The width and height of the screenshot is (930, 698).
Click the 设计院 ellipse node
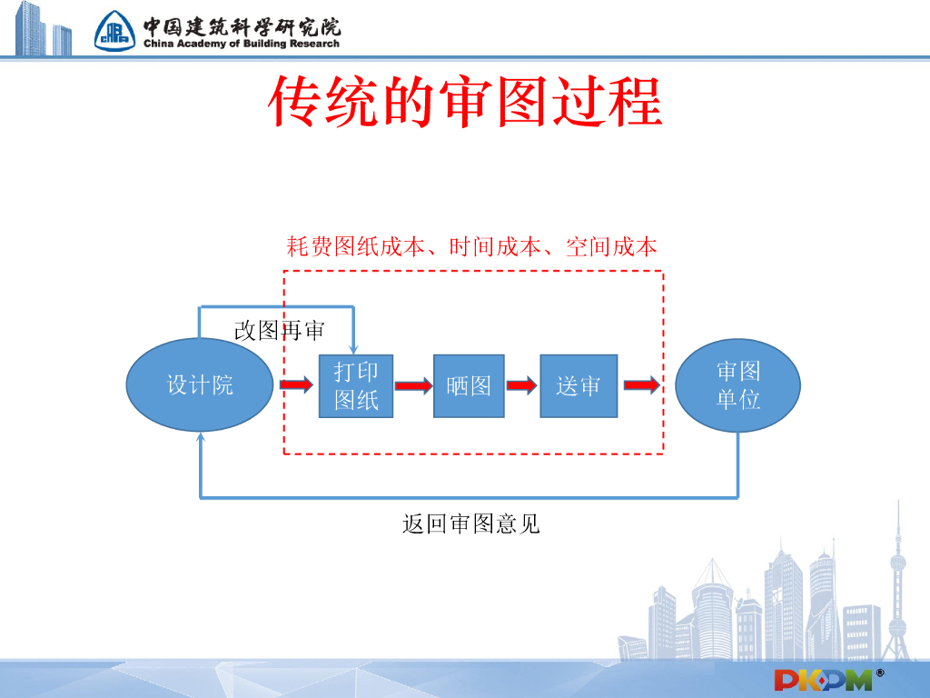click(x=200, y=385)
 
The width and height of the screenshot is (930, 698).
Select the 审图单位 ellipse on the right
click(x=738, y=385)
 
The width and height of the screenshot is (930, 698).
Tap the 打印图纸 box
click(x=356, y=386)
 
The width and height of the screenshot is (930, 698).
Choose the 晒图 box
click(x=469, y=386)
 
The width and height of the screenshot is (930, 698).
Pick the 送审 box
click(x=579, y=386)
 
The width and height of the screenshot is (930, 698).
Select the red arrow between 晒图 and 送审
click(x=521, y=386)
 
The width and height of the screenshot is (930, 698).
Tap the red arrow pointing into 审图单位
click(x=642, y=386)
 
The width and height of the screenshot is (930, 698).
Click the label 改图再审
click(x=279, y=331)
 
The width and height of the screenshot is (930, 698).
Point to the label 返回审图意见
click(x=470, y=523)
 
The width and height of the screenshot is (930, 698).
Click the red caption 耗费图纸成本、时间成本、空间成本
click(x=471, y=247)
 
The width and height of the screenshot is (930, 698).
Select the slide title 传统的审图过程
click(x=465, y=102)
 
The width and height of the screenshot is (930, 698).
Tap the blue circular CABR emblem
click(x=115, y=32)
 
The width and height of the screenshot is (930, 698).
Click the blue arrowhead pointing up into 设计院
click(x=200, y=438)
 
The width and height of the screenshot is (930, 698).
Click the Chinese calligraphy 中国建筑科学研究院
click(x=241, y=25)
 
